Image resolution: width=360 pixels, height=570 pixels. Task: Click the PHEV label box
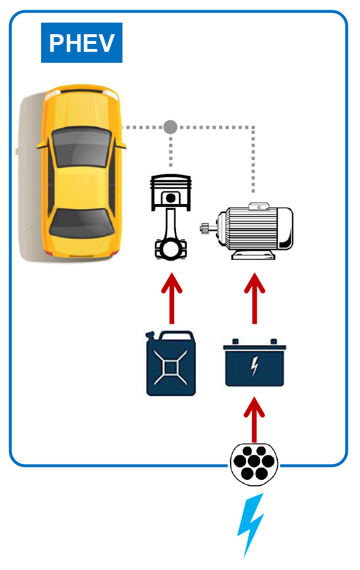click(81, 43)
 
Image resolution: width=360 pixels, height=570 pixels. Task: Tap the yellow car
click(80, 174)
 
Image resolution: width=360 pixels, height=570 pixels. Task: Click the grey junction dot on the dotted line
click(170, 127)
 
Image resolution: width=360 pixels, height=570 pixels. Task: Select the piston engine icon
click(170, 217)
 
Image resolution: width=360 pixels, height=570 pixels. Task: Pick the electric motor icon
click(251, 231)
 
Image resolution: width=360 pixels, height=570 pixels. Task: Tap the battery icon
click(255, 363)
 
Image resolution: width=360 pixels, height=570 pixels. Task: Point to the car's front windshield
click(81, 145)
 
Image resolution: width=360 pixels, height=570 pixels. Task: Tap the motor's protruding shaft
click(206, 229)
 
